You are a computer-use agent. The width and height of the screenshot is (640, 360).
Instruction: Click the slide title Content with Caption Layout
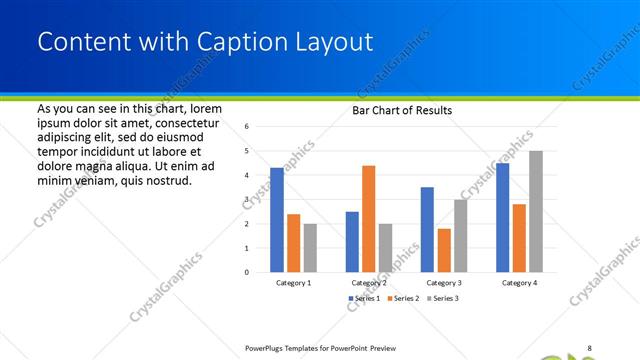204,42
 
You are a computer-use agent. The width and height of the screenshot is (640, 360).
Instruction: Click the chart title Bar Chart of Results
402,111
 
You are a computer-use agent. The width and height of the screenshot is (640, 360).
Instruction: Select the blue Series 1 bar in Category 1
277,220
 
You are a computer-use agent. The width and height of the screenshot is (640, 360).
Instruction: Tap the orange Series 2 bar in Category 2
369,218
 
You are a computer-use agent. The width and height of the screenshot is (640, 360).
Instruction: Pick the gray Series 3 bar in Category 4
536,211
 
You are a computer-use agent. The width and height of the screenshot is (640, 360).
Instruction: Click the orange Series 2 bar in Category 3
444,250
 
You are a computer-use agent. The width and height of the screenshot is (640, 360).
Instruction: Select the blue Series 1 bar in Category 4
502,217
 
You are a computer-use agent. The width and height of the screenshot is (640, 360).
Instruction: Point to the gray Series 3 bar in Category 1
310,248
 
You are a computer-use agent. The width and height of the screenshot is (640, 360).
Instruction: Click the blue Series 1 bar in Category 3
427,229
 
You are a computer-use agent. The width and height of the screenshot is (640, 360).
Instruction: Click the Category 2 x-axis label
369,283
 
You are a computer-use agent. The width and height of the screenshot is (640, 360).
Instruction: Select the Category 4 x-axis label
519,283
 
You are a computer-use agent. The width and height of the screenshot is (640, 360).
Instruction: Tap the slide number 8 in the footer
589,348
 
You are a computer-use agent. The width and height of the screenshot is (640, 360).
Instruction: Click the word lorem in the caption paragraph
206,108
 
